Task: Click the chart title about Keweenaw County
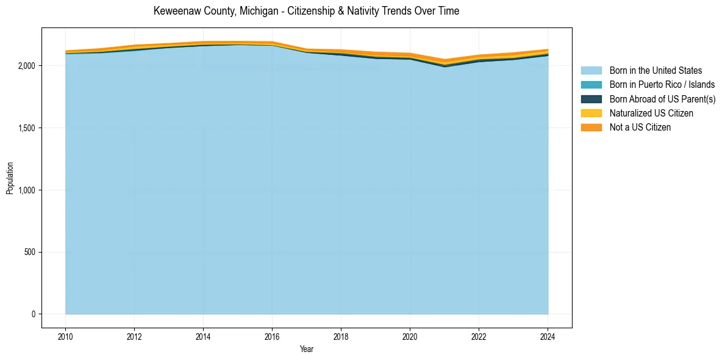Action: (306, 11)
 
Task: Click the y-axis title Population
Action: (10, 178)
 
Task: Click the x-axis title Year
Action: (306, 349)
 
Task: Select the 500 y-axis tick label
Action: (30, 252)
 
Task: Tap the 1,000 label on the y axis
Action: (27, 190)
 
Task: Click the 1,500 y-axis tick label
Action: (27, 128)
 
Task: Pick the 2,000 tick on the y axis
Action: (27, 65)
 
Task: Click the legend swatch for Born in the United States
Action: (591, 71)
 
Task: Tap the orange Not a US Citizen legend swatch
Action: (591, 128)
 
